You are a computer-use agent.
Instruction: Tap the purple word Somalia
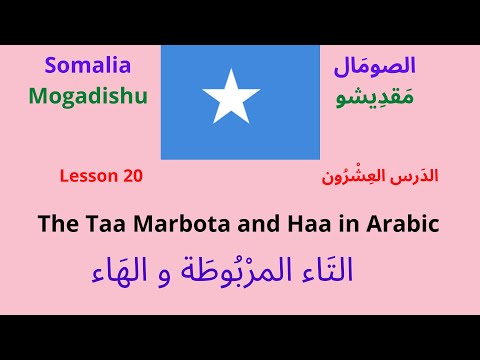point(87,67)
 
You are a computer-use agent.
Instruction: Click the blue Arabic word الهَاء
point(123,272)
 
